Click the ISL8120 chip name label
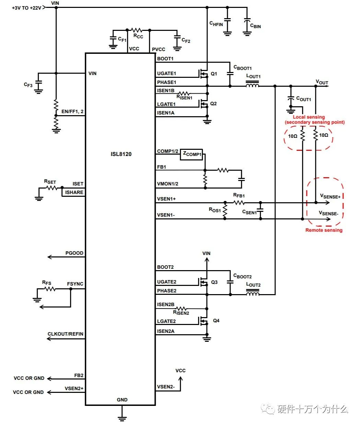tap(119, 154)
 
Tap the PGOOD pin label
tap(74, 253)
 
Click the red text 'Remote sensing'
tap(324, 230)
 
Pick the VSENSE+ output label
tap(330, 196)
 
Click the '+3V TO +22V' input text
tap(26, 8)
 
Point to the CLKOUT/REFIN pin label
tap(66, 334)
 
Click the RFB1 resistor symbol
tap(239, 202)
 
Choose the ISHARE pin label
tap(74, 192)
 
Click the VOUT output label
tap(322, 82)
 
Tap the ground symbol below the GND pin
tap(122, 418)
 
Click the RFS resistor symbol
tap(50, 289)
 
